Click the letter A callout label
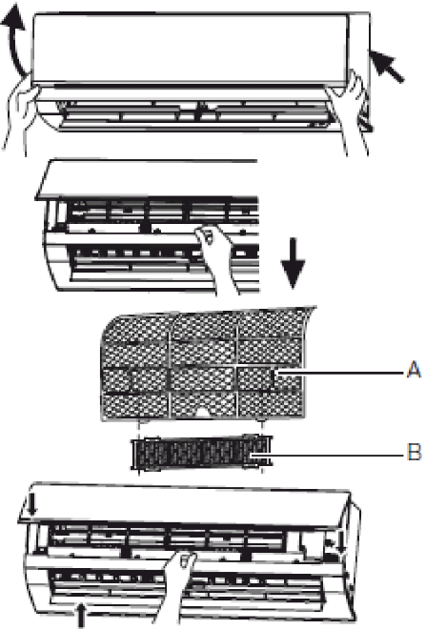[414, 369]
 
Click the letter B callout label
[415, 452]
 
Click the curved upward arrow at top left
[15, 40]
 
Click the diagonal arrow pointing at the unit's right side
[386, 66]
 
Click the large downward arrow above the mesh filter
[293, 263]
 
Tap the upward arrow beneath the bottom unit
[81, 615]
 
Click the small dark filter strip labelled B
[202, 453]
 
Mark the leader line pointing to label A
[340, 374]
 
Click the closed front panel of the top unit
[190, 49]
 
